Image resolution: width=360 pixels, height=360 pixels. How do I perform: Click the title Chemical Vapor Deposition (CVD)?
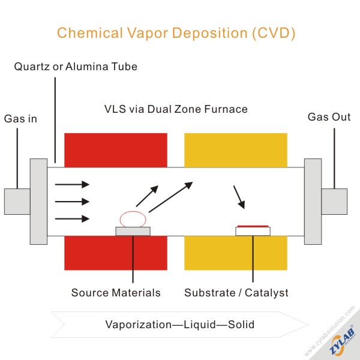point(176,33)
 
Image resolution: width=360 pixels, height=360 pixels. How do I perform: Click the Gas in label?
point(20,119)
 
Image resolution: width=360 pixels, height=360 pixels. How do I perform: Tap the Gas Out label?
point(329,117)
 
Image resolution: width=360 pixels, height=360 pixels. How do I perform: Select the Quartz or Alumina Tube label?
point(76,67)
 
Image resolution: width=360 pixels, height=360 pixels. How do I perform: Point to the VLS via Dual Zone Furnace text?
point(176,110)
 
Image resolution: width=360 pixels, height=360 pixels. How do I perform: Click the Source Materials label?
point(116,293)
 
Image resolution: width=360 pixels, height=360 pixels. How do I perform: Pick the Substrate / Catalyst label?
point(236,293)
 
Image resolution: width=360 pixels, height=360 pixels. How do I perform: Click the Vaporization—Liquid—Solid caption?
point(180,325)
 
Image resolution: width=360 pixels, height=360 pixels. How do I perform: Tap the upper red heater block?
point(115,150)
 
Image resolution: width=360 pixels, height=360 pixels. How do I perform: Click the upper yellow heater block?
point(235,150)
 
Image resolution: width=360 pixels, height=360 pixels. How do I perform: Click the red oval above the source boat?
point(133,219)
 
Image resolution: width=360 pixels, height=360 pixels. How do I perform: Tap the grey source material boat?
point(133,231)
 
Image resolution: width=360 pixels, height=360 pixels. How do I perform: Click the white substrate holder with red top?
point(253,230)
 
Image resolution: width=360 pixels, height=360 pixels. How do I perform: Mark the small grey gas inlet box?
point(17,202)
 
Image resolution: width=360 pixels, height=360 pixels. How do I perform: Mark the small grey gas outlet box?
point(334,202)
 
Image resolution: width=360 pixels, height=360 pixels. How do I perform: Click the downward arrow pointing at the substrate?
point(239,197)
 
